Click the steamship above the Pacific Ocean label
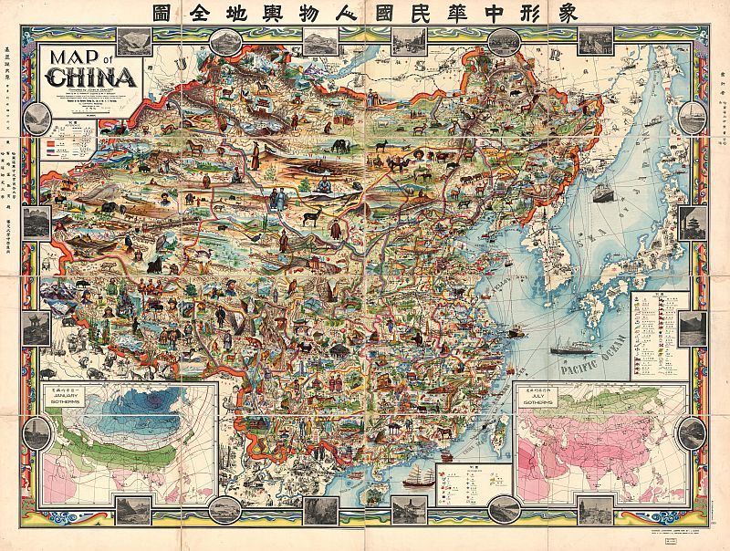(x=571, y=345)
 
